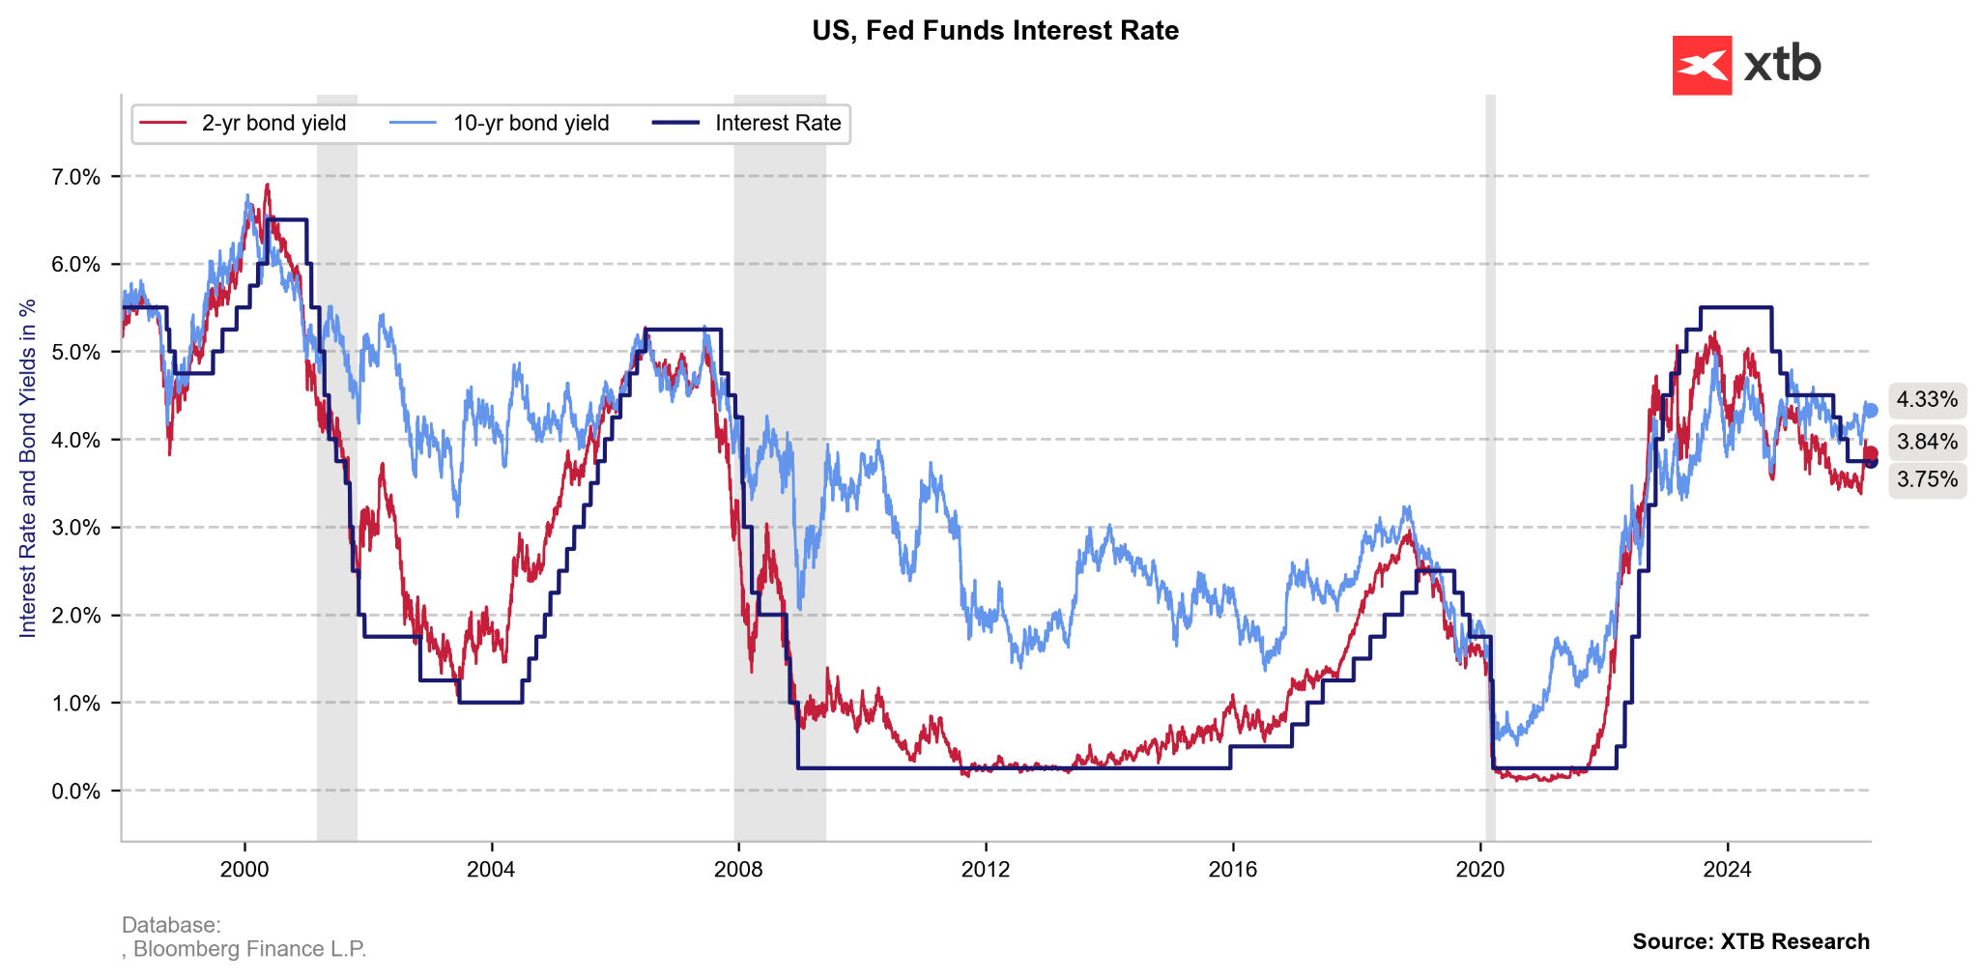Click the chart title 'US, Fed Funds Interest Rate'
(x=995, y=31)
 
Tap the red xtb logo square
(x=1702, y=65)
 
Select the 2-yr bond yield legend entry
(x=244, y=124)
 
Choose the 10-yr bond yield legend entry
(x=500, y=124)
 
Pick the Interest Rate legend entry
(x=747, y=124)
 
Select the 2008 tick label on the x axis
(x=738, y=870)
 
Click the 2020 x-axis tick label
(x=1480, y=870)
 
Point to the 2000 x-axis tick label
(x=244, y=870)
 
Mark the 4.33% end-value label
(x=1927, y=400)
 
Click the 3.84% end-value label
(x=1927, y=443)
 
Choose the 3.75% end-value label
(x=1927, y=479)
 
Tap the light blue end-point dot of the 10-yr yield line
(x=1871, y=411)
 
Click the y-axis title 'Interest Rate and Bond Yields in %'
(x=28, y=468)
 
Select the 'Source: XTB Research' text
(x=1751, y=941)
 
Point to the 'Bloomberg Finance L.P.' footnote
(x=249, y=949)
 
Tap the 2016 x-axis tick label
(x=1233, y=870)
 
